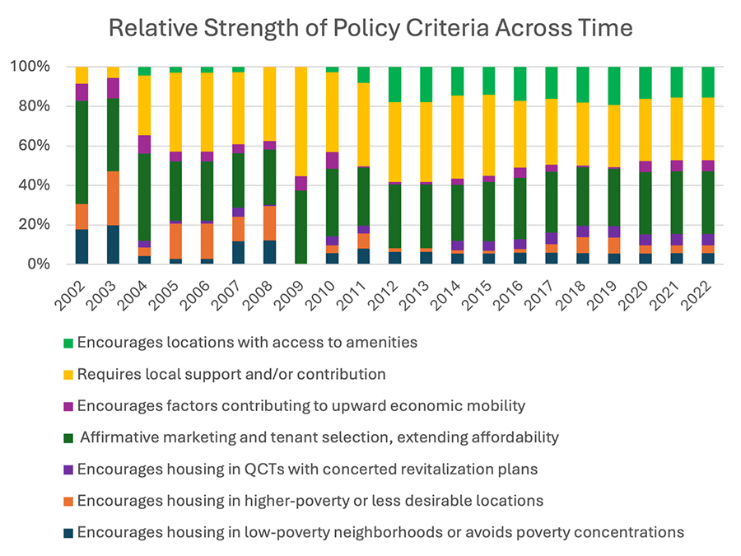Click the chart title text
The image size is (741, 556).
pos(370,27)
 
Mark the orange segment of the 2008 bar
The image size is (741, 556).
pos(270,222)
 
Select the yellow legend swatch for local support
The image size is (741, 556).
pos(68,375)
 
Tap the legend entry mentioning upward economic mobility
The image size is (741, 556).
pos(301,406)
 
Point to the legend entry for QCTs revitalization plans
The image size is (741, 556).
pos(307,470)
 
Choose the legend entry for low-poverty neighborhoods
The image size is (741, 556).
pos(380,532)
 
